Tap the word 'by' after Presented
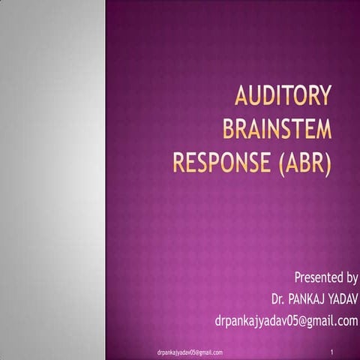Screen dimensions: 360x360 (x=350, y=277)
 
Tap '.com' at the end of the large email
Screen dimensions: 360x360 (x=344, y=321)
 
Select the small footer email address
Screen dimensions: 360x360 (x=184, y=351)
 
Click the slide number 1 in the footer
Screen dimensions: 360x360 (x=331, y=351)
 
